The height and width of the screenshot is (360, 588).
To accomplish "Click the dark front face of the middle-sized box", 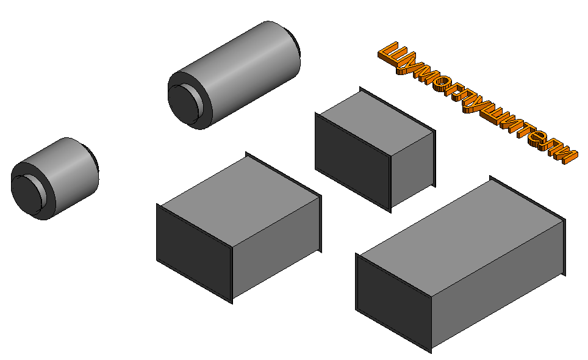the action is pyautogui.click(x=194, y=253).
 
